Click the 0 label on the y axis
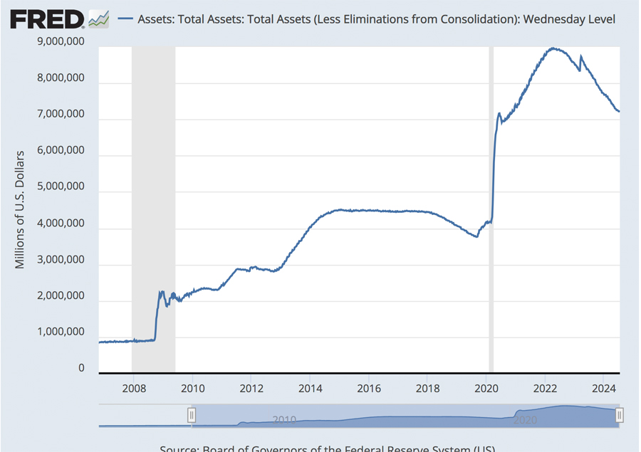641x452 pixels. point(82,369)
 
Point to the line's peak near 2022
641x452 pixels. point(553,48)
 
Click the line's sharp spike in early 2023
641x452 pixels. point(581,56)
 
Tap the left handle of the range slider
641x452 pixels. point(192,415)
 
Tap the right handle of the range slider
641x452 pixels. point(619,415)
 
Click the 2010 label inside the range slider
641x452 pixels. point(283,420)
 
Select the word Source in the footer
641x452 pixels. point(178,448)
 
